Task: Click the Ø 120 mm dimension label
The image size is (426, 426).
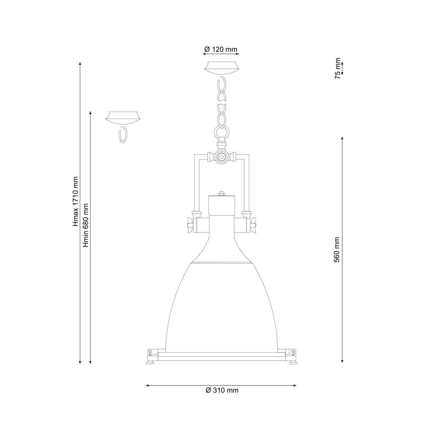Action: click(x=220, y=49)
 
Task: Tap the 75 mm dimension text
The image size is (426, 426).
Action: click(x=338, y=68)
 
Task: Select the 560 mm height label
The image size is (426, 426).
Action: click(x=337, y=250)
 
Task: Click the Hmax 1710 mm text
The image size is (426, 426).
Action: click(x=76, y=202)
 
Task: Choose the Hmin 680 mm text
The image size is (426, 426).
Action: click(x=86, y=225)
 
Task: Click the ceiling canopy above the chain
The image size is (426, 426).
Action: click(x=221, y=68)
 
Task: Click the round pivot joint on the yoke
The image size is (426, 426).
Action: click(x=221, y=157)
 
